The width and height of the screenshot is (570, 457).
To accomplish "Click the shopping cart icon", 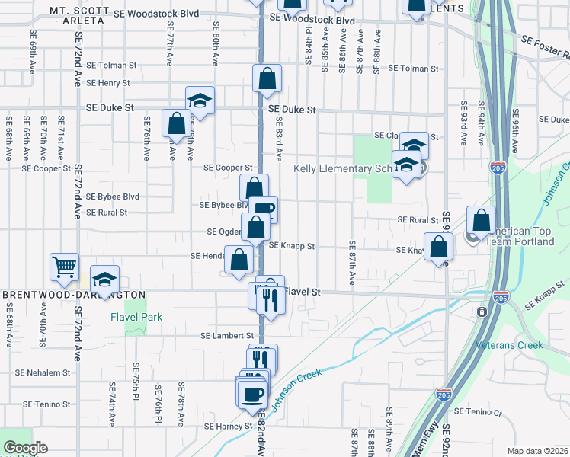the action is [64, 267].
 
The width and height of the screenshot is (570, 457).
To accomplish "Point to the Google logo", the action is [25, 448].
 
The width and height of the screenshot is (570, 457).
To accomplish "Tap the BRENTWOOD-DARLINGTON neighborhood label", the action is [74, 294].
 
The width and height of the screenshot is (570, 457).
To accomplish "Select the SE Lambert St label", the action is [227, 335].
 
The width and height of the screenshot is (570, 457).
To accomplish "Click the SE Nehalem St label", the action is [43, 373].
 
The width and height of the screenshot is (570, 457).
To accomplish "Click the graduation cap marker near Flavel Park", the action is [105, 279].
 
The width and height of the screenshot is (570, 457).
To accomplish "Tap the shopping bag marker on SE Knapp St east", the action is [438, 247].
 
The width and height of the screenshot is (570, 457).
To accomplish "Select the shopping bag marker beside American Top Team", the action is [481, 221].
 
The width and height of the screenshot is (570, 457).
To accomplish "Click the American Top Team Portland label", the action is [523, 236].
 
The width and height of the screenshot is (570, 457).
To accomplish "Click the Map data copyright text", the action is [536, 451].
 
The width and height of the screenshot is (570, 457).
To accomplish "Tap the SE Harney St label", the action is [227, 427].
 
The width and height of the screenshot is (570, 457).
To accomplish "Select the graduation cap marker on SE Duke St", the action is [200, 101].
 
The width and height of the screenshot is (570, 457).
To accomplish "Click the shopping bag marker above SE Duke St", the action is [267, 78].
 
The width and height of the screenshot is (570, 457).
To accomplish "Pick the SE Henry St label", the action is [108, 83].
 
